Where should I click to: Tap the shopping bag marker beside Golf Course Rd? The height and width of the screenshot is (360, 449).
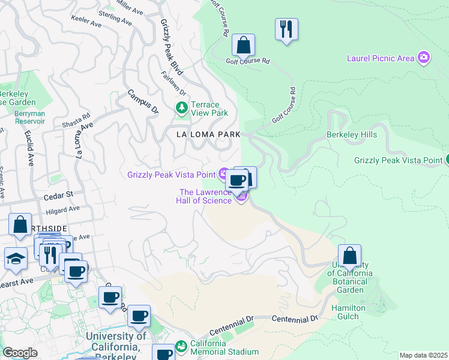[x=243, y=46]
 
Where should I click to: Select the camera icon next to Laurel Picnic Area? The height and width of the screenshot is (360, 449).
[x=424, y=58]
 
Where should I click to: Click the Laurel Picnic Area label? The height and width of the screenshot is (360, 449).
[x=381, y=58]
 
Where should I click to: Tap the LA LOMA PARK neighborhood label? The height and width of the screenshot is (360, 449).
[x=208, y=134]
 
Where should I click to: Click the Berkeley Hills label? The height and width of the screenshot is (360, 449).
[x=351, y=134]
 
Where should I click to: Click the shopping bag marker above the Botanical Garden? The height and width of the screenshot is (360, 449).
[x=349, y=256]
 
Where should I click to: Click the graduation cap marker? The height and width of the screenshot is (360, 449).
[x=16, y=259]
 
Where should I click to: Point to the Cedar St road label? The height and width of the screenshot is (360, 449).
[x=61, y=194]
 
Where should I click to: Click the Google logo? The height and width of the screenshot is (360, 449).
[x=20, y=353]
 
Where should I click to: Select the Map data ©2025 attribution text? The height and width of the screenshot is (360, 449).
[x=423, y=355]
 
